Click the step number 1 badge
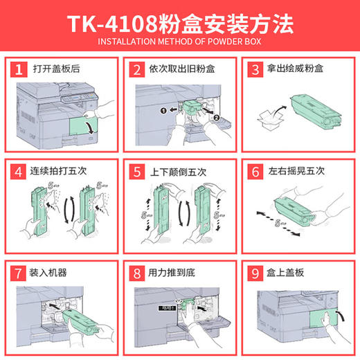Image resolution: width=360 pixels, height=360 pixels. click(21, 69)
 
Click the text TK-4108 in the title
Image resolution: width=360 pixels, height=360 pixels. click(110, 24)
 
